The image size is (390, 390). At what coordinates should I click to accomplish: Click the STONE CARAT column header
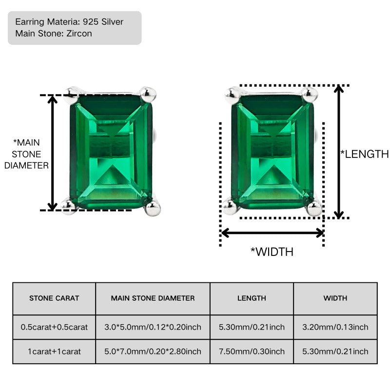[x=54, y=298]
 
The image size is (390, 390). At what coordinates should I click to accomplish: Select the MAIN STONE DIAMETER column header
[x=153, y=298]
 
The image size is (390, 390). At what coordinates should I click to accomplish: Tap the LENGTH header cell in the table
[x=252, y=298]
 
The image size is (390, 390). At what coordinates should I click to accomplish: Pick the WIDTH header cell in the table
[x=335, y=298]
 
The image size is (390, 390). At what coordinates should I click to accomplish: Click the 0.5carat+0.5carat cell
[x=54, y=327]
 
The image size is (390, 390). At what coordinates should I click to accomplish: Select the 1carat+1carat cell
[x=54, y=351]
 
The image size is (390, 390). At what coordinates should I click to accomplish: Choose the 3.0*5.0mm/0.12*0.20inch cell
[x=153, y=327]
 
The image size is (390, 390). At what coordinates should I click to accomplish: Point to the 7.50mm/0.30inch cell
[x=252, y=351]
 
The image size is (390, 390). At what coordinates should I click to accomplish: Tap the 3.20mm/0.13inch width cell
[x=335, y=327]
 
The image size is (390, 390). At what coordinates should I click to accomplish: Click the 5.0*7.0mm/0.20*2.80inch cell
[x=153, y=351]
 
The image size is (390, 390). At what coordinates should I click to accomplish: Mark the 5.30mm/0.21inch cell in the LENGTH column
[x=252, y=327]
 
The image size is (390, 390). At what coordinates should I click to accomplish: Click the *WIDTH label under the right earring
[x=272, y=252]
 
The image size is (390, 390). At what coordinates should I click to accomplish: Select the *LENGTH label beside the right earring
[x=364, y=154]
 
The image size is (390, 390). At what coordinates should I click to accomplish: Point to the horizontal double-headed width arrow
[x=272, y=234]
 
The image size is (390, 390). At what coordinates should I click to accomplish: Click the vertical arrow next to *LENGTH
[x=339, y=152]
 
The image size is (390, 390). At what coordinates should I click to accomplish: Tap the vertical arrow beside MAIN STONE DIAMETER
[x=52, y=153]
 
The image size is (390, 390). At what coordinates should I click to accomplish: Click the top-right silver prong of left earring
[x=148, y=94]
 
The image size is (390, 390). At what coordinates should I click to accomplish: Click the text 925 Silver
[x=103, y=22]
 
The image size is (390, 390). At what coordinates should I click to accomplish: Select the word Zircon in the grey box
[x=79, y=34]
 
